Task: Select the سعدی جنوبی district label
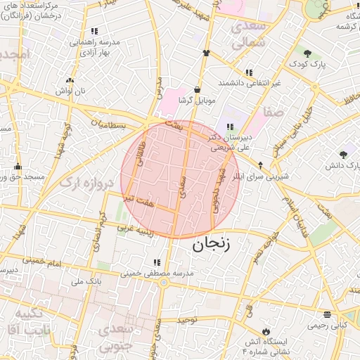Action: [x=115, y=337]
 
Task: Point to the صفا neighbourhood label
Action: [x=273, y=112]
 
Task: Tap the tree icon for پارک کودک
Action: [x=307, y=52]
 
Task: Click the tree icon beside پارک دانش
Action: [x=343, y=154]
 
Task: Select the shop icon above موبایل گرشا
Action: [x=196, y=90]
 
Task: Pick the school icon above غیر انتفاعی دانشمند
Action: [x=249, y=72]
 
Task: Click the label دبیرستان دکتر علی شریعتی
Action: [x=229, y=143]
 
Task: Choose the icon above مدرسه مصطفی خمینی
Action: [x=155, y=262]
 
